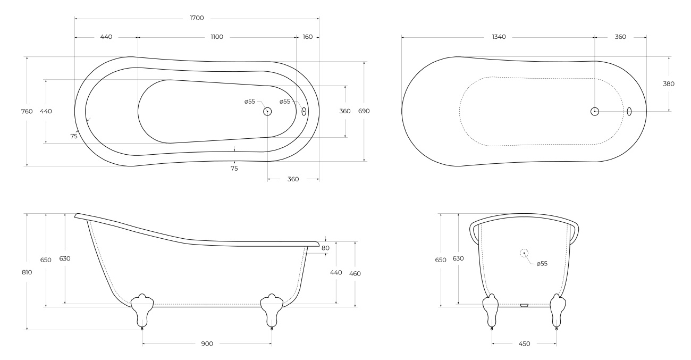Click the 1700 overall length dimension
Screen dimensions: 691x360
(x=197, y=18)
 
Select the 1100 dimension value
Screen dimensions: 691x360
(x=217, y=37)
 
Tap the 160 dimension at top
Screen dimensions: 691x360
(x=308, y=37)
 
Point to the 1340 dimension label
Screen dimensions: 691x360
(x=499, y=37)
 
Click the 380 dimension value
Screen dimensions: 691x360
(x=669, y=84)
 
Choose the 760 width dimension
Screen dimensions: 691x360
(x=27, y=111)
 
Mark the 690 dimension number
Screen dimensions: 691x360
(x=364, y=111)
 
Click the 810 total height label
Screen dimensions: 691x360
(x=27, y=272)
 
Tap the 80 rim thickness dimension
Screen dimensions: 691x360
(x=325, y=248)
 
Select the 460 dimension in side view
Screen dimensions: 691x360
(x=355, y=274)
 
